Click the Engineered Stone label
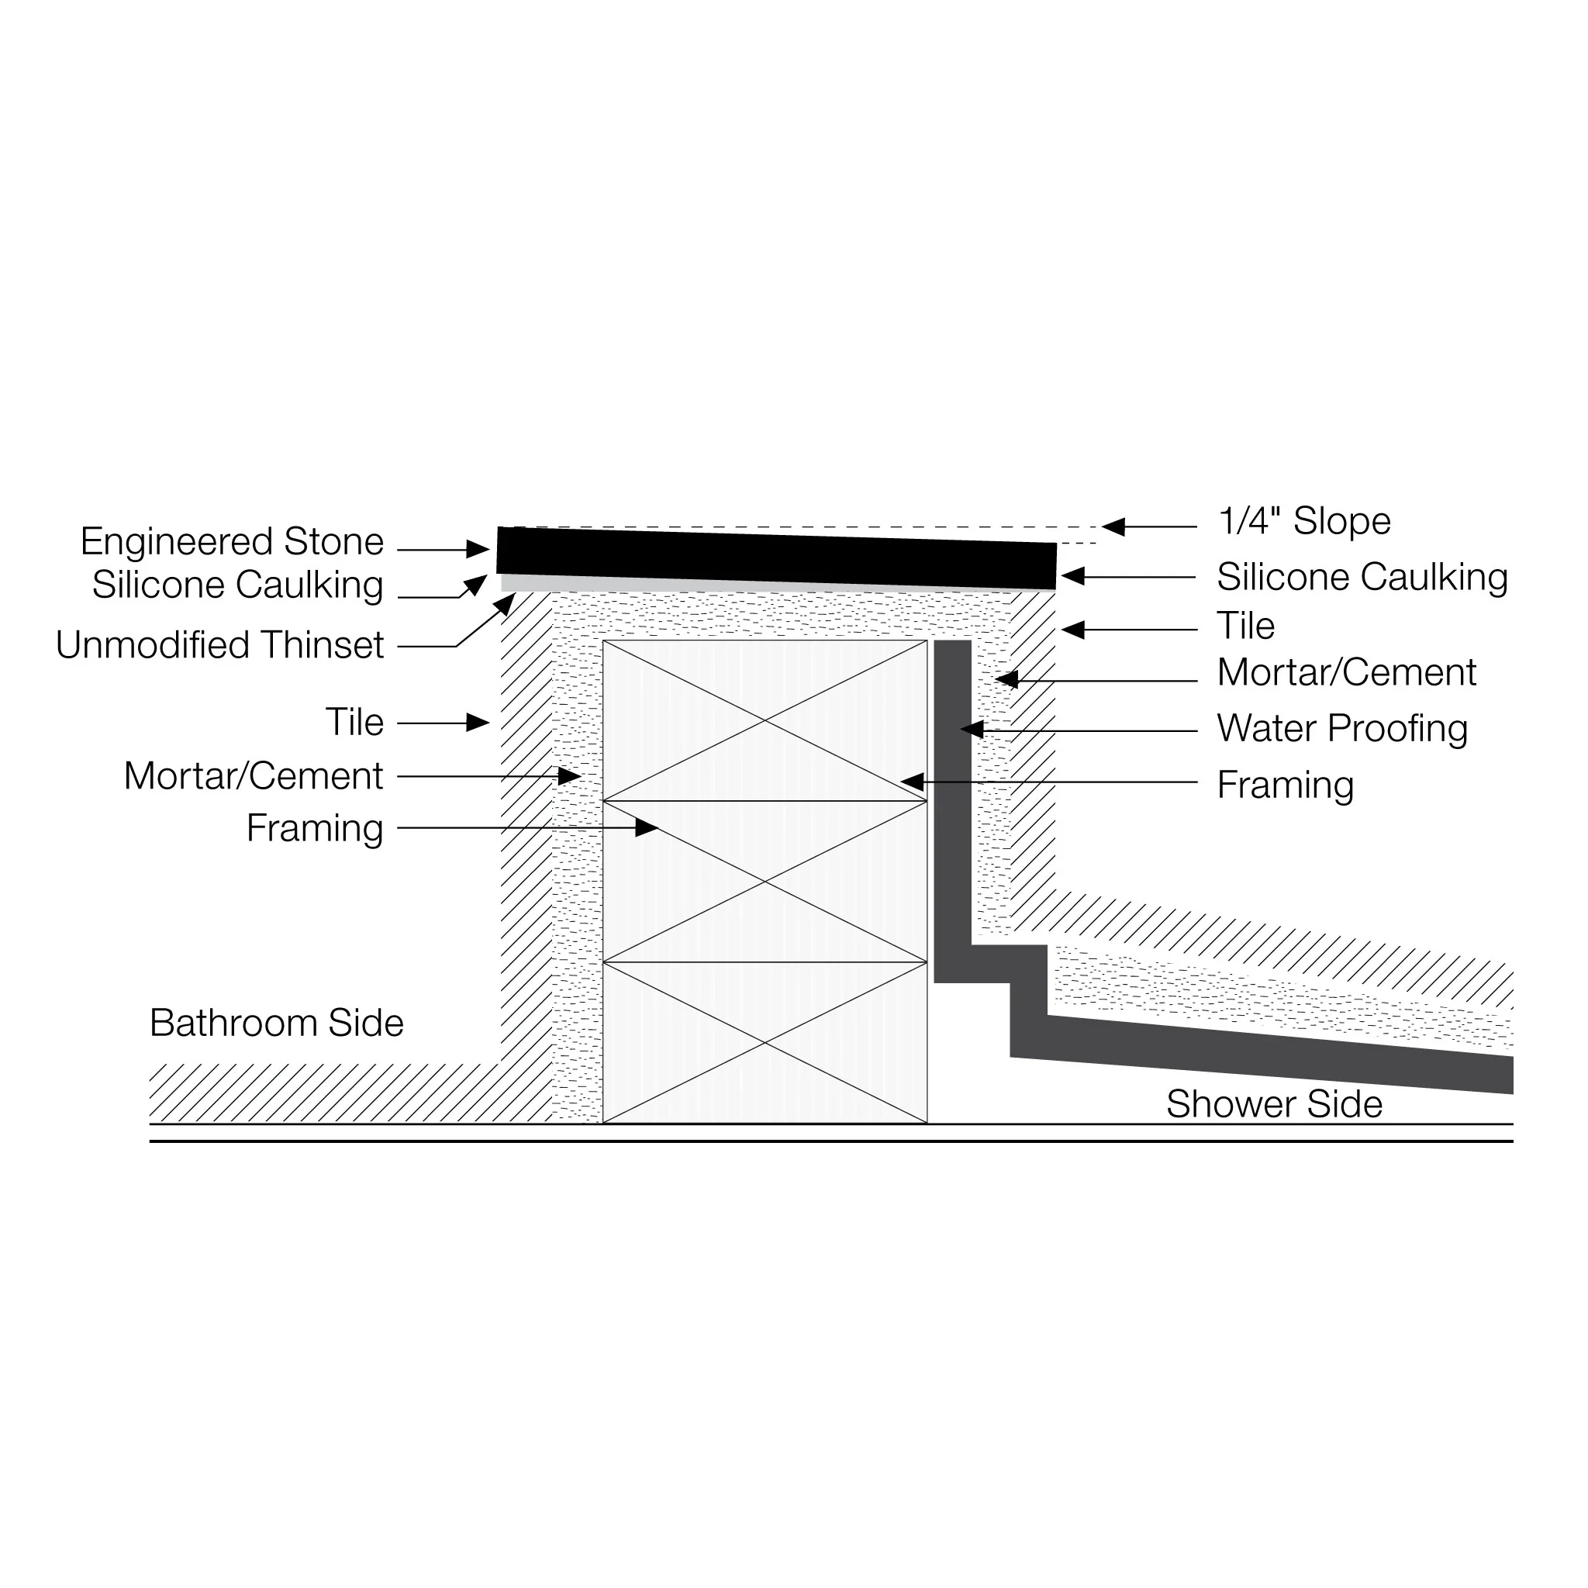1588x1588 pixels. [x=232, y=542]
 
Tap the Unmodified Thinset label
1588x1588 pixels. [x=219, y=645]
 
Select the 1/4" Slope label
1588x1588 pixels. [x=1303, y=521]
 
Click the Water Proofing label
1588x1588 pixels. [x=1341, y=728]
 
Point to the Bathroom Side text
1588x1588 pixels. [x=276, y=1024]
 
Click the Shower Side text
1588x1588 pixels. [x=1274, y=1104]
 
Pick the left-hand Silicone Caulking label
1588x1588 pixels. [x=237, y=585]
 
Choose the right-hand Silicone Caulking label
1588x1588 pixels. [x=1362, y=577]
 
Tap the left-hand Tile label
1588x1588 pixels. [x=354, y=723]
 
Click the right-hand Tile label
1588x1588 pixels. [x=1245, y=627]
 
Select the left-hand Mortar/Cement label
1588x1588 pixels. [x=253, y=776]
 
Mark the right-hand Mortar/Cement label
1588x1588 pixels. [x=1346, y=672]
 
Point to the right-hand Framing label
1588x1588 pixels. [x=1285, y=785]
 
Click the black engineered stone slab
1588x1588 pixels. [x=777, y=558]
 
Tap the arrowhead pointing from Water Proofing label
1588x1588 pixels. [x=972, y=729]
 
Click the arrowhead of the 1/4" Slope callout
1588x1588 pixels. [x=1113, y=526]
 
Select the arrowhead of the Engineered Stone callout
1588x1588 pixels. [x=478, y=549]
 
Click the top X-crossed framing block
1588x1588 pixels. [x=765, y=720]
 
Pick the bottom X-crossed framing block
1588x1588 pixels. [x=765, y=1042]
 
